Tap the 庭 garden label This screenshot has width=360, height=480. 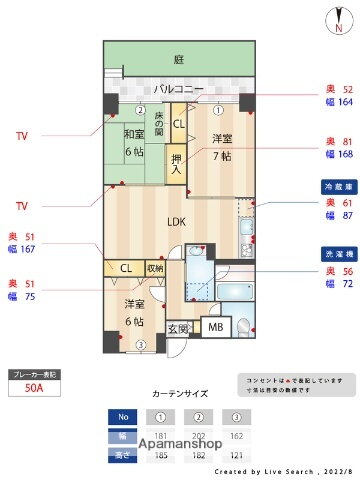coord(178,58)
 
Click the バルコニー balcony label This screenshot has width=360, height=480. coord(179,89)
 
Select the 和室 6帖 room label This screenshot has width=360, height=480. coord(134,143)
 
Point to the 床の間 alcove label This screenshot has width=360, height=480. coord(159,126)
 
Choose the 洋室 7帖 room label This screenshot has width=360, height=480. coord(221,146)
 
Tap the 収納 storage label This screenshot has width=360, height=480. coord(155,268)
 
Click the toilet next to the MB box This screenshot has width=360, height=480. coord(242,327)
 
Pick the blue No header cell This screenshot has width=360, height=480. coord(124,416)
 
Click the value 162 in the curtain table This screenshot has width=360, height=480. coord(237,435)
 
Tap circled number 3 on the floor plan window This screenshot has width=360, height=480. coord(141,345)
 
